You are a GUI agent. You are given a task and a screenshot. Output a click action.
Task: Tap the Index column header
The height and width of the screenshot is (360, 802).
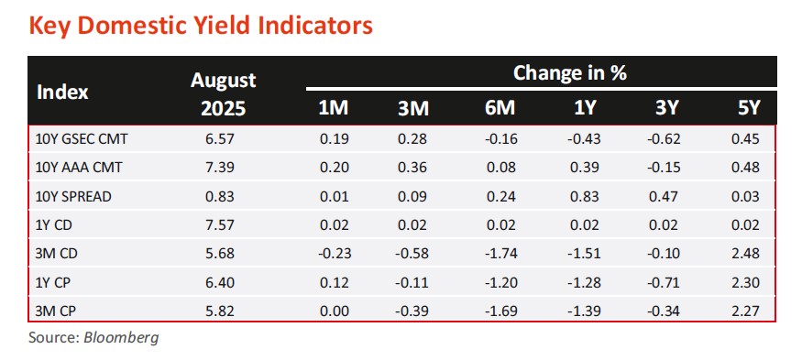click(x=62, y=93)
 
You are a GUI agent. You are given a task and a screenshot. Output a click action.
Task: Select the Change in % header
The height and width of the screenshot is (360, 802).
click(x=570, y=73)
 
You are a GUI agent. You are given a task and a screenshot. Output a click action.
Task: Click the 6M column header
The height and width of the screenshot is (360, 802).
click(x=500, y=109)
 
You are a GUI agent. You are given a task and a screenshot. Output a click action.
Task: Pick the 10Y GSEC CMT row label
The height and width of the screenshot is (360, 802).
click(x=81, y=138)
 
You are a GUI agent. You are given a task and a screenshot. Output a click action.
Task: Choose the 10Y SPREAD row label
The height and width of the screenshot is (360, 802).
click(x=72, y=196)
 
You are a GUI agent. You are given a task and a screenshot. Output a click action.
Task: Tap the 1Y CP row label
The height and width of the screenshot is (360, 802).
click(x=53, y=282)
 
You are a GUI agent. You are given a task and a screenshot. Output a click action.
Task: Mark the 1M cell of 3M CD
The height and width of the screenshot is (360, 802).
click(x=335, y=254)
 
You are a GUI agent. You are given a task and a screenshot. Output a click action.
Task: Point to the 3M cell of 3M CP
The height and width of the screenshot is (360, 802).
click(x=412, y=311)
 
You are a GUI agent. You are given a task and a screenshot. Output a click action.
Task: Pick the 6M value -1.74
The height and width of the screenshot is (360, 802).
click(x=500, y=254)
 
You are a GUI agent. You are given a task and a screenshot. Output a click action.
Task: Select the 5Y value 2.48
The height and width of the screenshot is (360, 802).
click(x=745, y=254)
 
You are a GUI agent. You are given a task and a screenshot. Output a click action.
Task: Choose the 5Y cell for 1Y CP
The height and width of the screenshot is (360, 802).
click(x=745, y=282)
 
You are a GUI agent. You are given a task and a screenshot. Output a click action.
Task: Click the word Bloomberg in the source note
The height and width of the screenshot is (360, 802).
click(x=121, y=337)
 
